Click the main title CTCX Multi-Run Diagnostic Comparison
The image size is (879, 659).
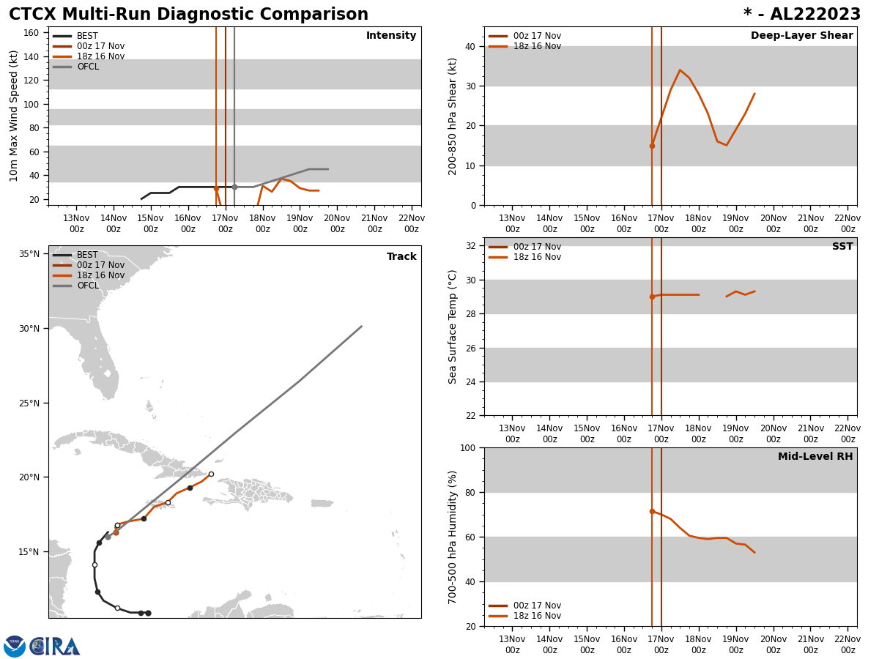coord(188,15)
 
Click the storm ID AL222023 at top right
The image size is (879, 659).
coord(802,15)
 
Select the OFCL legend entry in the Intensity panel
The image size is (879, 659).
coord(87,67)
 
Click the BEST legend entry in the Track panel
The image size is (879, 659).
coord(87,255)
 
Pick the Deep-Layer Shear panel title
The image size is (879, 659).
coord(801,36)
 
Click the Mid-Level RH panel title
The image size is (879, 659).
coord(815,457)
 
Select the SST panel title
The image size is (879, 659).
coord(842,247)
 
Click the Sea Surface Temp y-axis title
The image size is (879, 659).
coord(453,327)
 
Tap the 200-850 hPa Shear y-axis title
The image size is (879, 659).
coord(453,116)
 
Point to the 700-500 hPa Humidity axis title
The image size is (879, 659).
coord(453,537)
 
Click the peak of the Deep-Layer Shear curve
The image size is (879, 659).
coord(680,70)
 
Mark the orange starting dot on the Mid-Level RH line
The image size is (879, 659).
coord(652,511)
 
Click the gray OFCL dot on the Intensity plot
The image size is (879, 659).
coord(234,187)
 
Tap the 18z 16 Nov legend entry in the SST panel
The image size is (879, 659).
coord(537,257)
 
